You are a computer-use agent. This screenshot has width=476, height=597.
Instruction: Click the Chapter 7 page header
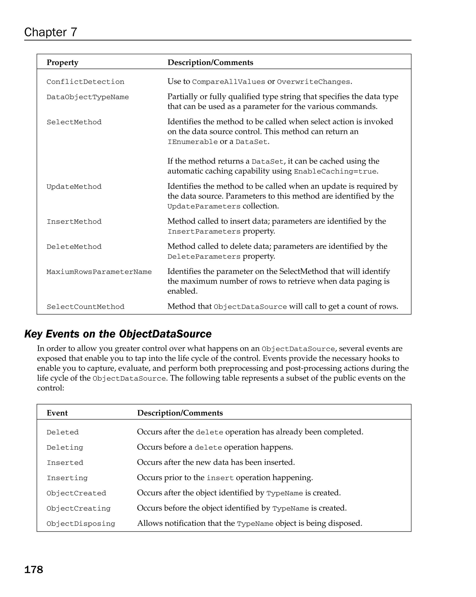(x=50, y=32)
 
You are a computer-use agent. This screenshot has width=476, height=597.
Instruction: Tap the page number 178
(x=33, y=570)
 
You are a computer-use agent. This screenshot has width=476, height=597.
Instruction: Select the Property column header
(x=62, y=63)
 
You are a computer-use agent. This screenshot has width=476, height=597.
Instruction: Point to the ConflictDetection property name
(x=85, y=82)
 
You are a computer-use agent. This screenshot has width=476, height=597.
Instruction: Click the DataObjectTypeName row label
(x=87, y=97)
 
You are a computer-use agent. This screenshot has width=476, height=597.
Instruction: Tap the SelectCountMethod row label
(x=85, y=307)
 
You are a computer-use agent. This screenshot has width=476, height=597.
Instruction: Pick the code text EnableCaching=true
(x=335, y=172)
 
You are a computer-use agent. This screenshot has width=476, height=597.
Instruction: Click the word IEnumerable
(x=192, y=142)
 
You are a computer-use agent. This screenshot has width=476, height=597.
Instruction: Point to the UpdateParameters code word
(x=204, y=207)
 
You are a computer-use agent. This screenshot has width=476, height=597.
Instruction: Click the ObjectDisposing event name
(x=81, y=524)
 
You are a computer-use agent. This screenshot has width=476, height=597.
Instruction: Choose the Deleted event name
(x=63, y=432)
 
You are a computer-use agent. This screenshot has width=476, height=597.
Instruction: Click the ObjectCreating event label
(x=78, y=508)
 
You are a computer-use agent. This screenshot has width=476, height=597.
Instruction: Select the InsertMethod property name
(x=74, y=222)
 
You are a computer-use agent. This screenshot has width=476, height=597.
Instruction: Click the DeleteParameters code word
(x=204, y=257)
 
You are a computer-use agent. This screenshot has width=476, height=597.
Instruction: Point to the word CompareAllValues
(x=228, y=82)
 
